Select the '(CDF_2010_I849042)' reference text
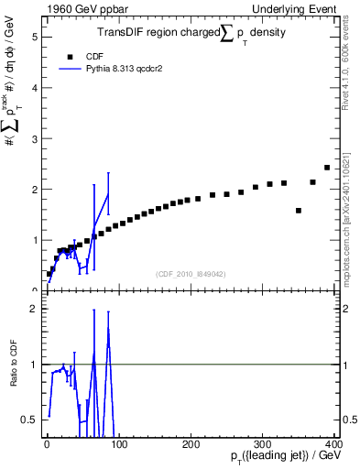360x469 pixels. tap(191, 273)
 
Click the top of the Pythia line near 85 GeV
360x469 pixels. tap(108, 192)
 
